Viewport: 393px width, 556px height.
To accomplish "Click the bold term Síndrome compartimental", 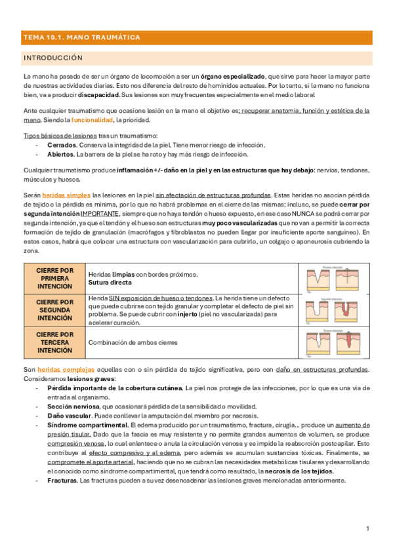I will (x=85, y=425).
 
